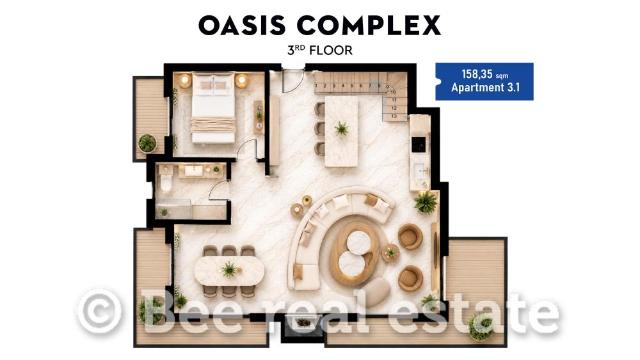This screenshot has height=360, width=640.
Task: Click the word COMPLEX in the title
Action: [x=369, y=25]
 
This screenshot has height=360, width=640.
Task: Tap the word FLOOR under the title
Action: [x=331, y=51]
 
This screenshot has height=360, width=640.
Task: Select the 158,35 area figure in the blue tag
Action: [x=478, y=74]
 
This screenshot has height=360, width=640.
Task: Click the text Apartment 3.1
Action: [x=485, y=87]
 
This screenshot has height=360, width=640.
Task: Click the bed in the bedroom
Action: [x=213, y=108]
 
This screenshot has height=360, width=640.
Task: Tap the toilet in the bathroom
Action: [x=165, y=180]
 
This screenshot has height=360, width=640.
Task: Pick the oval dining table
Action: [x=229, y=270]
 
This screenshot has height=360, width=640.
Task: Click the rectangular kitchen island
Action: [x=342, y=131]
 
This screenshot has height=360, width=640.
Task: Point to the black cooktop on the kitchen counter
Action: [x=418, y=144]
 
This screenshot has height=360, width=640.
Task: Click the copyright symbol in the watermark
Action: [x=100, y=311]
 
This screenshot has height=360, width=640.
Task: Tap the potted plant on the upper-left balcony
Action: [x=147, y=143]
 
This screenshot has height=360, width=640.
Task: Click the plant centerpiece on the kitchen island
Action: [x=342, y=129]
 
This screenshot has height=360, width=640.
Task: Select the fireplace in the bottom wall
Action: [x=303, y=323]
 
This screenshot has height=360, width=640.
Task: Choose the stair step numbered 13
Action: [x=394, y=116]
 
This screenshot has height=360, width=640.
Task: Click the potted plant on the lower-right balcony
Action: [x=480, y=327]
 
